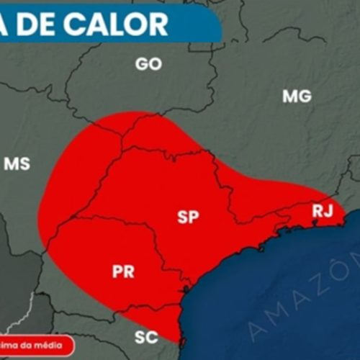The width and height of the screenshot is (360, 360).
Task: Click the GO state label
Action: tap(148, 64)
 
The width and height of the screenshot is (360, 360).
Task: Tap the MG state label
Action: tap(297, 96)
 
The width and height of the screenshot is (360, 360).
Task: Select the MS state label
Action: tap(17, 163)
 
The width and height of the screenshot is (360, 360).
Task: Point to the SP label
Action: tap(188, 217)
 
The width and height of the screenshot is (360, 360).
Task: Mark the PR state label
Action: tap(123, 271)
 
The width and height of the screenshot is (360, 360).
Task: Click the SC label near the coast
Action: tap(147, 336)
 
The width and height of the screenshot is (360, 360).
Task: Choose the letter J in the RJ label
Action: tap(329, 211)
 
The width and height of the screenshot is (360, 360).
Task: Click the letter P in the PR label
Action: tap(117, 271)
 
